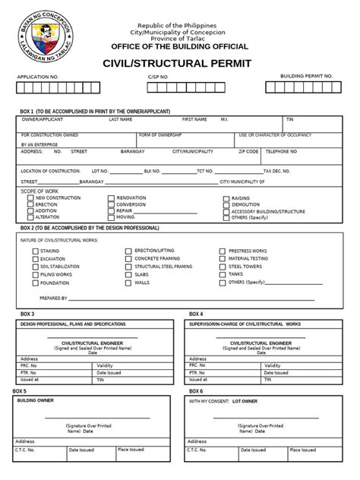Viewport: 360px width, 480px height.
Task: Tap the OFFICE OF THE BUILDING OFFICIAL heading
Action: tap(179, 46)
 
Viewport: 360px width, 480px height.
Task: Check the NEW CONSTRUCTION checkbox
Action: tap(30, 197)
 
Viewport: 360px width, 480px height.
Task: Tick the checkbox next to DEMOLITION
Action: tap(226, 204)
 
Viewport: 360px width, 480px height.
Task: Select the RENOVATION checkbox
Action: tap(111, 197)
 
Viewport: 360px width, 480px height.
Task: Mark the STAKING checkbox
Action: tap(35, 251)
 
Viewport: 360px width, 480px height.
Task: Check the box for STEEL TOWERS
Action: tap(223, 267)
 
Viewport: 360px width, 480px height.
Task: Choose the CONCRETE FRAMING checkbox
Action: tap(128, 258)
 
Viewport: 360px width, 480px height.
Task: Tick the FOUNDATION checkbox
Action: tap(35, 283)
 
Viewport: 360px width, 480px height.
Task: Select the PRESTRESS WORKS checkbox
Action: tap(223, 251)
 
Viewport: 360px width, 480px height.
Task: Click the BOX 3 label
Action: tap(27, 314)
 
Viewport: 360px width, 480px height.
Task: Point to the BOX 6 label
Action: tap(196, 390)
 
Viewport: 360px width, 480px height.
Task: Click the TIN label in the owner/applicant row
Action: tap(290, 119)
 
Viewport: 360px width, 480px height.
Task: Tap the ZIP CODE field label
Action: tap(248, 151)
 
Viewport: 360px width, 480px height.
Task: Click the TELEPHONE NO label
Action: tap(281, 151)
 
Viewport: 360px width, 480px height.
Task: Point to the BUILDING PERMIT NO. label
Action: tap(307, 77)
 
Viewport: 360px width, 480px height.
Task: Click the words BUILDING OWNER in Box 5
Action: tap(33, 399)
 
